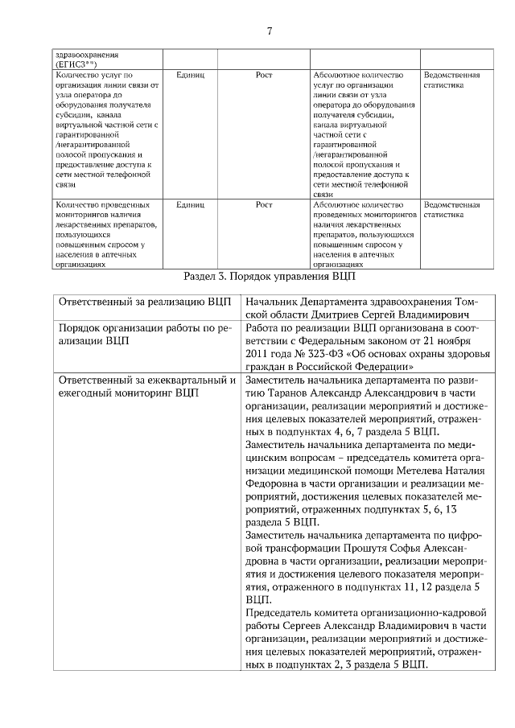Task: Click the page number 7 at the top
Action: point(269,31)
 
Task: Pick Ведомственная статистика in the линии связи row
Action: point(451,80)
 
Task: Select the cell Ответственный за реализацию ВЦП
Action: point(139,301)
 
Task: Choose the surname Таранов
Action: point(279,393)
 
